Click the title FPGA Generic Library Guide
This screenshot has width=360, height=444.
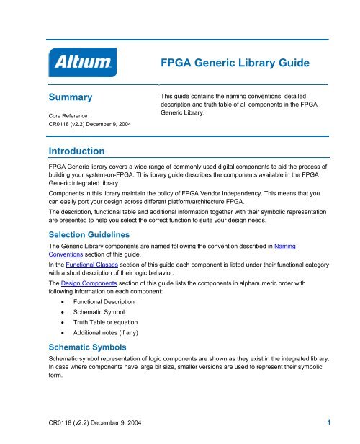[235, 64]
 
